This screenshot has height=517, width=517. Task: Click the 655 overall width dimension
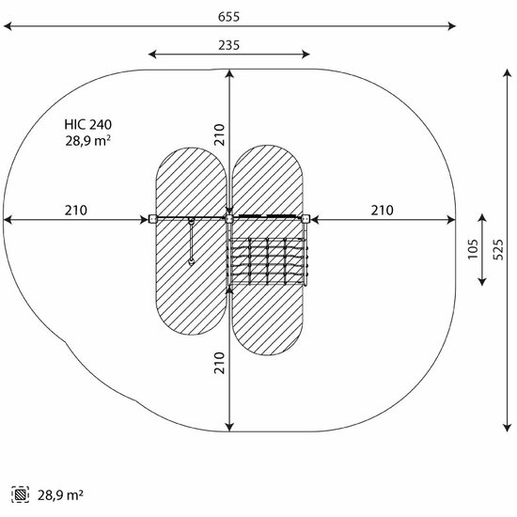[228, 17]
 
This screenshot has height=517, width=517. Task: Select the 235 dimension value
[228, 45]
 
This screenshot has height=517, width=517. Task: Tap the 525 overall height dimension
[498, 250]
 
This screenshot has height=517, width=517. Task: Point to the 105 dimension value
[473, 249]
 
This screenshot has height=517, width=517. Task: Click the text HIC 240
[88, 125]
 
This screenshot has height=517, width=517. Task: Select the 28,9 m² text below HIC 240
[87, 141]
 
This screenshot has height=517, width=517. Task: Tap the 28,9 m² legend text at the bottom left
[60, 494]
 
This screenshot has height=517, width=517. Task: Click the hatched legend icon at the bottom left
[20, 494]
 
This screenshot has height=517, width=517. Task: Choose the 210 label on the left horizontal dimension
[76, 210]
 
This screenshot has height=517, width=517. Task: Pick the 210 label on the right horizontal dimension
[383, 210]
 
